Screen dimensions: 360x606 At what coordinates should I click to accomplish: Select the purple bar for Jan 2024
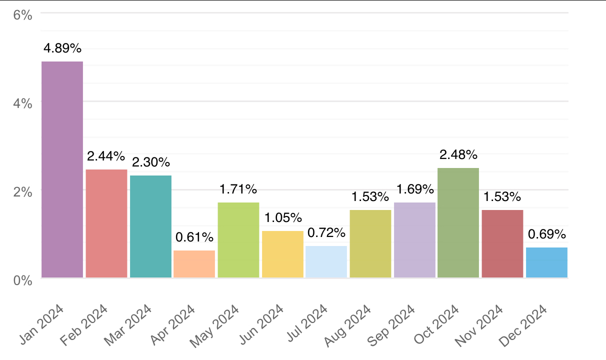tap(62, 169)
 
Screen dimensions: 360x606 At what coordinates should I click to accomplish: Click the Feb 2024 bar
tap(106, 223)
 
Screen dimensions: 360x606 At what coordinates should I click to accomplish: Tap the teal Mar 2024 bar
tap(150, 226)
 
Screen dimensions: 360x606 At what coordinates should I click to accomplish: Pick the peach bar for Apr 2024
tap(194, 264)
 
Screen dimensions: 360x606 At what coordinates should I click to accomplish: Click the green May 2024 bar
tap(238, 240)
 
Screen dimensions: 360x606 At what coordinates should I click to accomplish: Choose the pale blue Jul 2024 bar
tap(326, 262)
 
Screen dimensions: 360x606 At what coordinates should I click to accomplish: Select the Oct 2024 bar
tap(458, 222)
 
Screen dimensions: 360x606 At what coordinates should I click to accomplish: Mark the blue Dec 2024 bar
tap(546, 262)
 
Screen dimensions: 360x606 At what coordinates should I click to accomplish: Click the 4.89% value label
tap(62, 48)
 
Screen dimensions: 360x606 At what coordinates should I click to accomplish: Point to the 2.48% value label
tap(458, 155)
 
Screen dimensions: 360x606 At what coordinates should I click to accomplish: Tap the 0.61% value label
tap(194, 237)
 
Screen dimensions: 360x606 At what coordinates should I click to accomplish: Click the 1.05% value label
tap(282, 218)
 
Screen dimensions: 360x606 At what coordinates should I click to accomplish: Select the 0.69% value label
tap(546, 234)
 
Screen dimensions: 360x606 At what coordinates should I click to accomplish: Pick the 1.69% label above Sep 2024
tap(414, 189)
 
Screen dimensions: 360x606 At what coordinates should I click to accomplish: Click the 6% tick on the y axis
tap(22, 15)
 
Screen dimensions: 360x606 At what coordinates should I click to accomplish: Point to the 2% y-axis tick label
tap(22, 192)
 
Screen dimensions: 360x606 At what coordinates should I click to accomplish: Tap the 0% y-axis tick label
tap(22, 280)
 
